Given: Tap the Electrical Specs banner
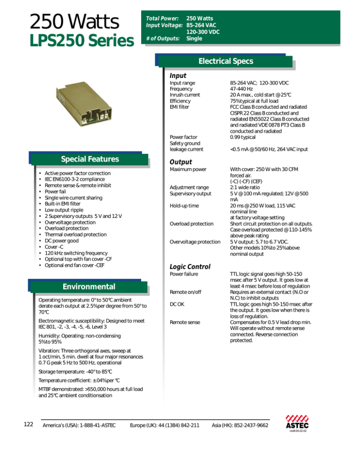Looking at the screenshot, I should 226,61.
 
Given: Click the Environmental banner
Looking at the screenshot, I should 89,286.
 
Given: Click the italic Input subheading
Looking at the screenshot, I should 178,75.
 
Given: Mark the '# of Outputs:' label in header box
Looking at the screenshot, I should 162,38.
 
